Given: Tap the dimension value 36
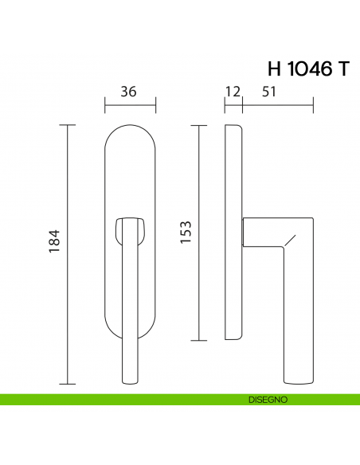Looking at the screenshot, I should (x=129, y=92).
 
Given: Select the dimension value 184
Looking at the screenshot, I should (x=55, y=241).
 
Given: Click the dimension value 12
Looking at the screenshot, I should (x=233, y=92).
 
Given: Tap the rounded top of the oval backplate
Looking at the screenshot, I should (x=130, y=131).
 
